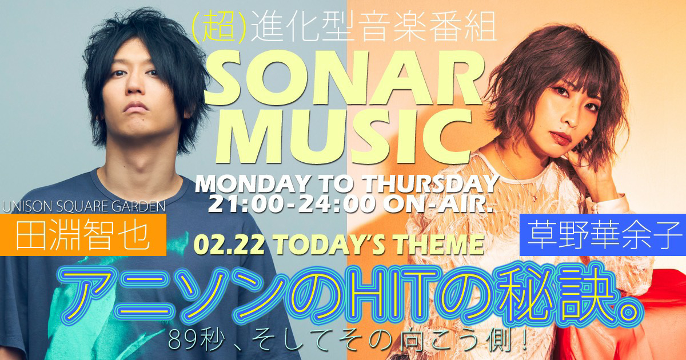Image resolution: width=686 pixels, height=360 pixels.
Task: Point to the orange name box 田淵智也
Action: (x=83, y=235)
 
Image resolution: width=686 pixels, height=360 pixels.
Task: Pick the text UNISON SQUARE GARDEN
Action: (x=84, y=207)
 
